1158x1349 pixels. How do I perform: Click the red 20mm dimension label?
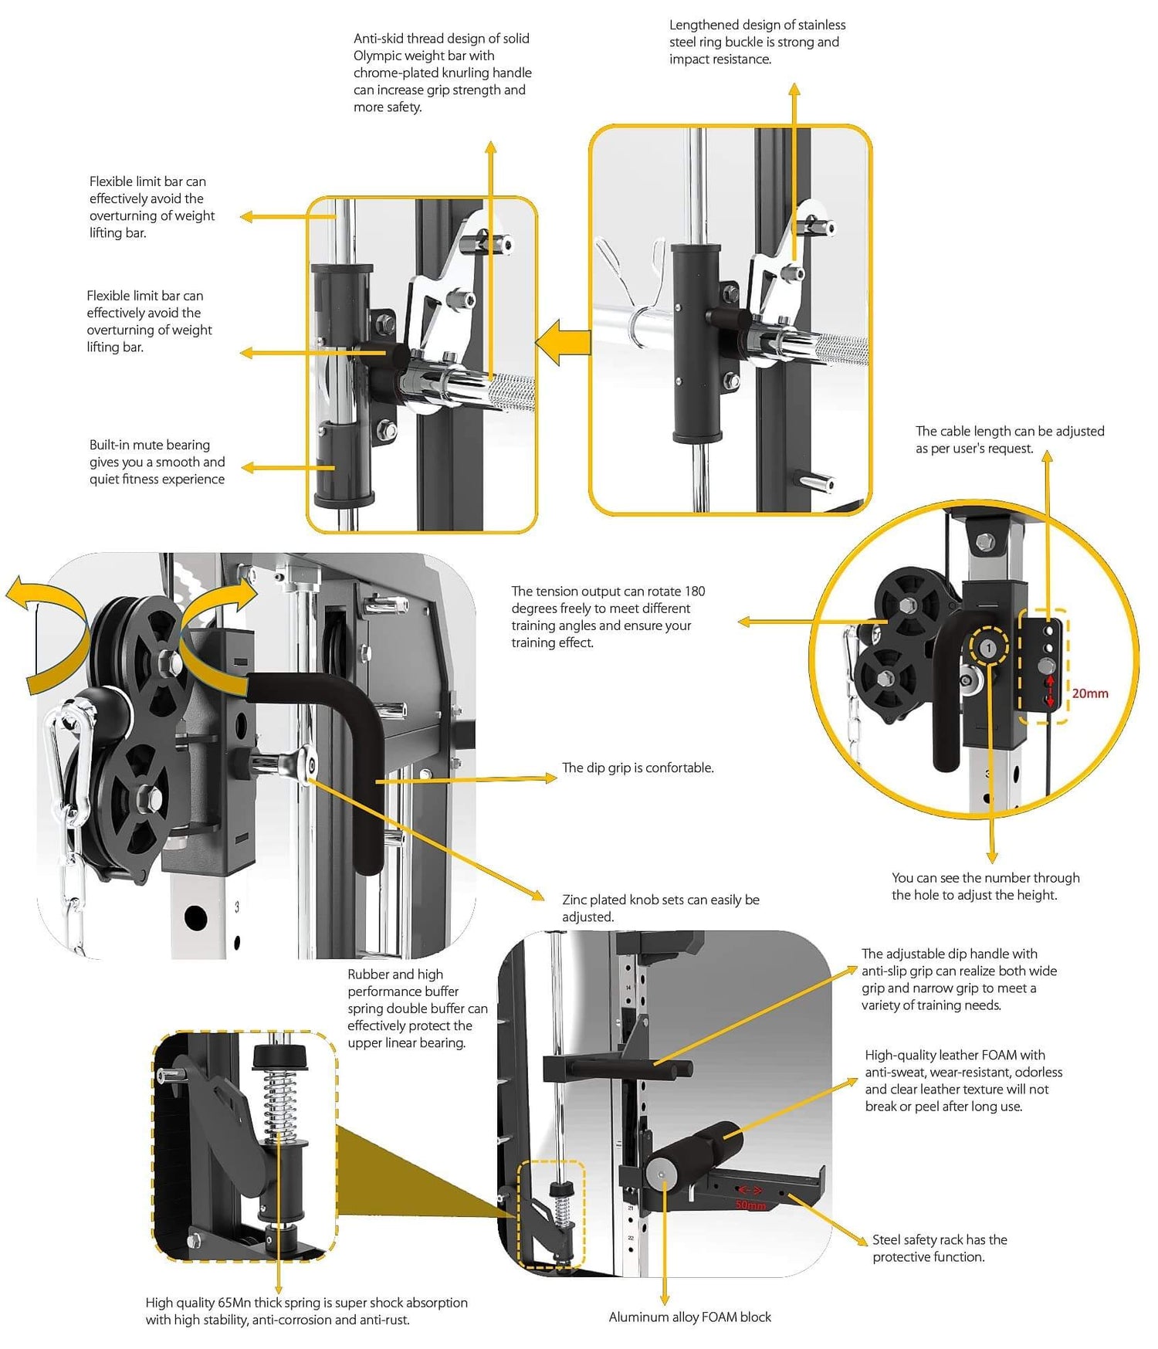[1089, 693]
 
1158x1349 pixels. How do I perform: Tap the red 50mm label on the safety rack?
[750, 1205]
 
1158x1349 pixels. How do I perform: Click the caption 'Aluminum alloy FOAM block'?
[689, 1317]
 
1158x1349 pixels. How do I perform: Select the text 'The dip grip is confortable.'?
[638, 768]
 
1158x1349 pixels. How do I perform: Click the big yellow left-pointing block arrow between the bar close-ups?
[564, 342]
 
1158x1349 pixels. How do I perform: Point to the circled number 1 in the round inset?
[988, 648]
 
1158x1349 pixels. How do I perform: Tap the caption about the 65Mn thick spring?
[306, 1311]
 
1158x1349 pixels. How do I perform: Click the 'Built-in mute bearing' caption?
[157, 462]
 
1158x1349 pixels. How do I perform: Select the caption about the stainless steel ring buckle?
[757, 42]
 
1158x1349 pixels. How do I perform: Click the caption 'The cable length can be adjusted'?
[1009, 439]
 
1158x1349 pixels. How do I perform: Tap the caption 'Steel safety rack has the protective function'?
[940, 1248]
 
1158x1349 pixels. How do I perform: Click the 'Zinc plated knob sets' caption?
[660, 908]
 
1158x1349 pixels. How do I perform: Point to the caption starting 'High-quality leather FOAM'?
[963, 1080]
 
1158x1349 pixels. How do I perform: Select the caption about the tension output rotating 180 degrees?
[608, 616]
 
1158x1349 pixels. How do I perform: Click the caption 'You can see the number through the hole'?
[985, 886]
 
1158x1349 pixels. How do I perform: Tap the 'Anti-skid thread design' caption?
[442, 72]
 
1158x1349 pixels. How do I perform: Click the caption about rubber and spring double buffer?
[417, 1008]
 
